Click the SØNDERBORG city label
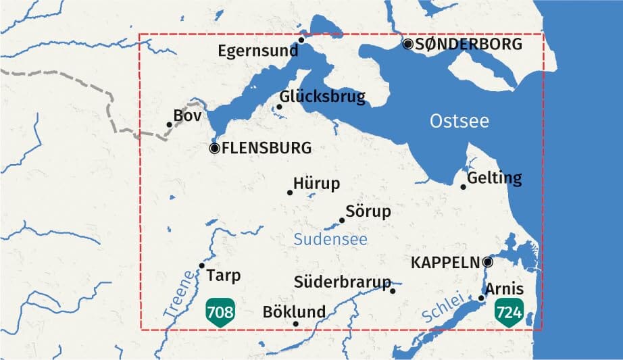tap(468, 45)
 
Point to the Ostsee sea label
tap(459, 122)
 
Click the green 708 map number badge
tap(220, 312)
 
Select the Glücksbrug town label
tap(322, 97)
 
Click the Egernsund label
tap(257, 51)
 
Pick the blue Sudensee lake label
tap(330, 240)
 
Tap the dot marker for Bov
tap(169, 124)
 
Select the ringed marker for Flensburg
tap(215, 148)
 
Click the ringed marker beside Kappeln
tap(488, 262)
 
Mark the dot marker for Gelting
tap(464, 186)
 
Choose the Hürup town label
tap(317, 184)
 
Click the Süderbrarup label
tap(343, 282)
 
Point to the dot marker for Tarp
tap(201, 265)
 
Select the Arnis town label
tap(504, 289)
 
